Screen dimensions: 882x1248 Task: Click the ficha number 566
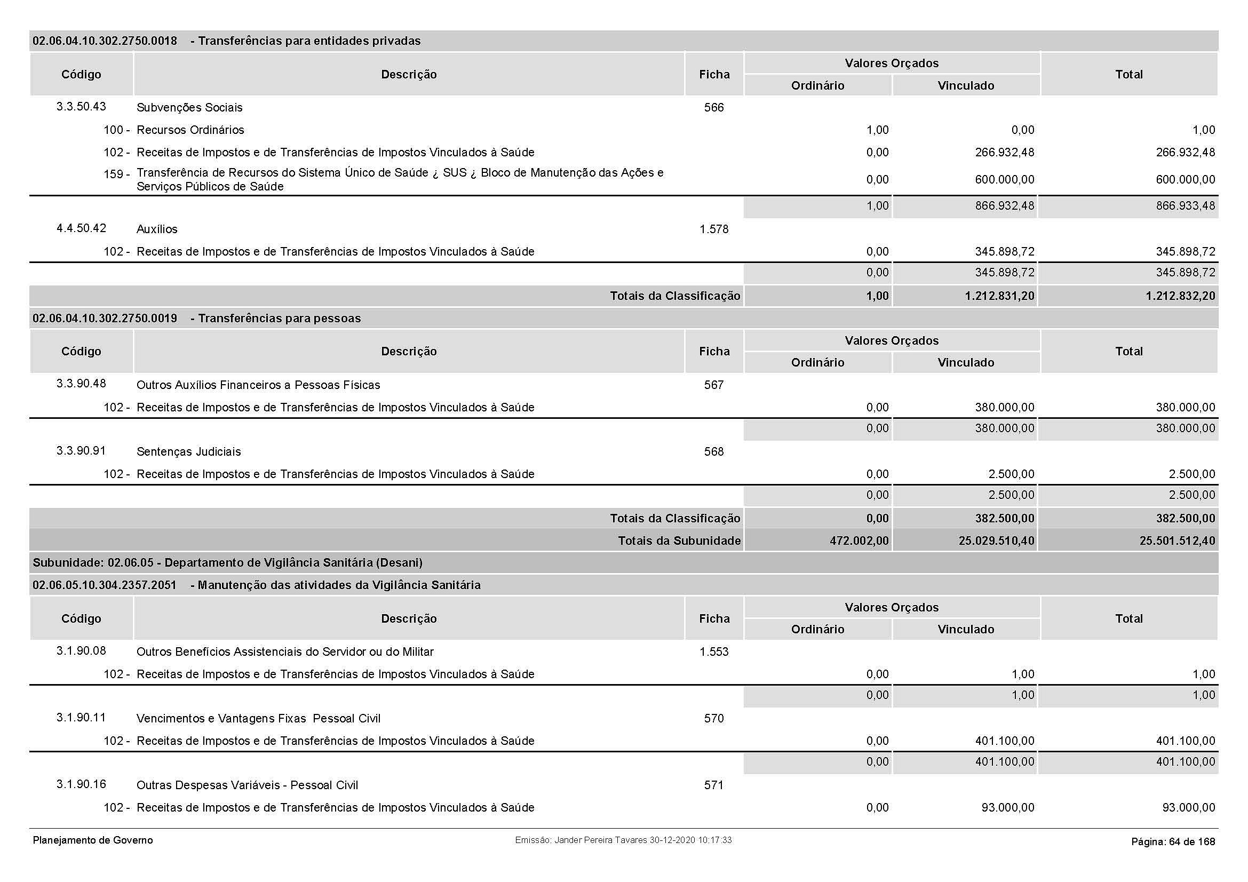click(714, 108)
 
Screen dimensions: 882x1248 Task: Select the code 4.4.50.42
click(81, 228)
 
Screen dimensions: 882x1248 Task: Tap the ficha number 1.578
click(714, 229)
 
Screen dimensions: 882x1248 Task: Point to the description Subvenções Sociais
click(189, 108)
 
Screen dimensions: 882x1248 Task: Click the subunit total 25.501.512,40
click(1177, 541)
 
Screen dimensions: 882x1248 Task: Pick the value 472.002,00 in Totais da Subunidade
click(859, 541)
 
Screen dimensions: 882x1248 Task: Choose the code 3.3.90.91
click(81, 450)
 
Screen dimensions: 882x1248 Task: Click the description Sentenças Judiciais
click(188, 451)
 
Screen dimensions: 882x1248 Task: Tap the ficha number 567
click(714, 385)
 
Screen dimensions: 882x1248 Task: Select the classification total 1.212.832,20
click(1180, 296)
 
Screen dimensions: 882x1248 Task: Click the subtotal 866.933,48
click(1185, 206)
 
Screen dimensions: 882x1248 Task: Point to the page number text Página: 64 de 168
click(1172, 841)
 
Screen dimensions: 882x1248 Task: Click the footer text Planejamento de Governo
click(92, 840)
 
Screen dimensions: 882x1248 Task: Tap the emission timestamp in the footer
click(623, 840)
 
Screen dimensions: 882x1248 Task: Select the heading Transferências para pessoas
click(279, 319)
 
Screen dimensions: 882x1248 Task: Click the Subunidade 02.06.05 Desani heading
click(227, 562)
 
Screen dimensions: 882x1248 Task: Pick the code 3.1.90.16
click(81, 784)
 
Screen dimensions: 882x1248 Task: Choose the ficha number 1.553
click(714, 652)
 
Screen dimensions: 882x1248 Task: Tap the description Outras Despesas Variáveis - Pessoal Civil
click(247, 785)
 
